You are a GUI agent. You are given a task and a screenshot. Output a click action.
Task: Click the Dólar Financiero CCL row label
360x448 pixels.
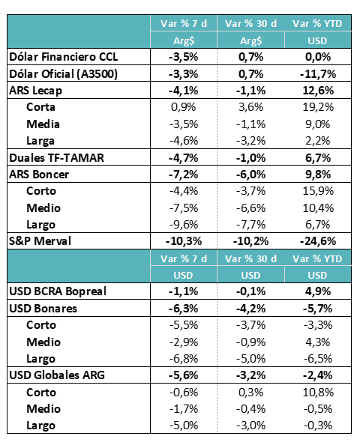point(64,57)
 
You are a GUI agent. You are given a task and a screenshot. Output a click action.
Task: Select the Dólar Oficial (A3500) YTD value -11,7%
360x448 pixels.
point(318,74)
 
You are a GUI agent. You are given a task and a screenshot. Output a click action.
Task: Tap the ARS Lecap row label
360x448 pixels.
point(35,91)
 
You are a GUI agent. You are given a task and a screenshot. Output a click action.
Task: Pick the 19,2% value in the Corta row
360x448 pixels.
point(318,107)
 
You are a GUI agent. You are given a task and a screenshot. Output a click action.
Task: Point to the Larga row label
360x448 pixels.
point(40,141)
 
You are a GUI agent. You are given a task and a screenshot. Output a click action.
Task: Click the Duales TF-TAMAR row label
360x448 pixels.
point(56,158)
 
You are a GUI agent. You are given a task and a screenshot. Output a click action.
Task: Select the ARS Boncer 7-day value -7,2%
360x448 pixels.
point(183,175)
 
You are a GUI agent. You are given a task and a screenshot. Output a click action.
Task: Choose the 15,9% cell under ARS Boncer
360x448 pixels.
point(318,191)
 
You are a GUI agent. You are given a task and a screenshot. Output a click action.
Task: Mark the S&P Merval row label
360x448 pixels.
point(40,241)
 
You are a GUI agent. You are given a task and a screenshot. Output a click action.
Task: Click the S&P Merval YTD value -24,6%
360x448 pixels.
point(318,242)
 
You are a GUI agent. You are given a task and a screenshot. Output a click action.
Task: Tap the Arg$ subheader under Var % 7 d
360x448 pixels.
point(184,41)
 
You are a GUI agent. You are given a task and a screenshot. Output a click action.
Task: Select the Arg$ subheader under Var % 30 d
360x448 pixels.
point(250,41)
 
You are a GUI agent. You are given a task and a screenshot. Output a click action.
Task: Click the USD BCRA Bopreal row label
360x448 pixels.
point(58,291)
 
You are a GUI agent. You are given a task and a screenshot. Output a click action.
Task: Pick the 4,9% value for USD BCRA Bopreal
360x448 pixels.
point(318,291)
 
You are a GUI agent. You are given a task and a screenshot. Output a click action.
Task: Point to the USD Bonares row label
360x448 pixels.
point(43,309)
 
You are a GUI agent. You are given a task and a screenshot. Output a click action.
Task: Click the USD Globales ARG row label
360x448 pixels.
point(57,375)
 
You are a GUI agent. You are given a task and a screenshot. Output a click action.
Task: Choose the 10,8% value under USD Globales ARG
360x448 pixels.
point(318,393)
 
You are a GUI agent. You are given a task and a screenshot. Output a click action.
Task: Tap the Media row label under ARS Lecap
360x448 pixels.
point(43,124)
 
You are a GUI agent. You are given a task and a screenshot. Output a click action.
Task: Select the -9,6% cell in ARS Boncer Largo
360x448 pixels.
point(183,225)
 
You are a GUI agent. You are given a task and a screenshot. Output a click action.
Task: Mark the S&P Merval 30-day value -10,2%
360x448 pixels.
point(250,242)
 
